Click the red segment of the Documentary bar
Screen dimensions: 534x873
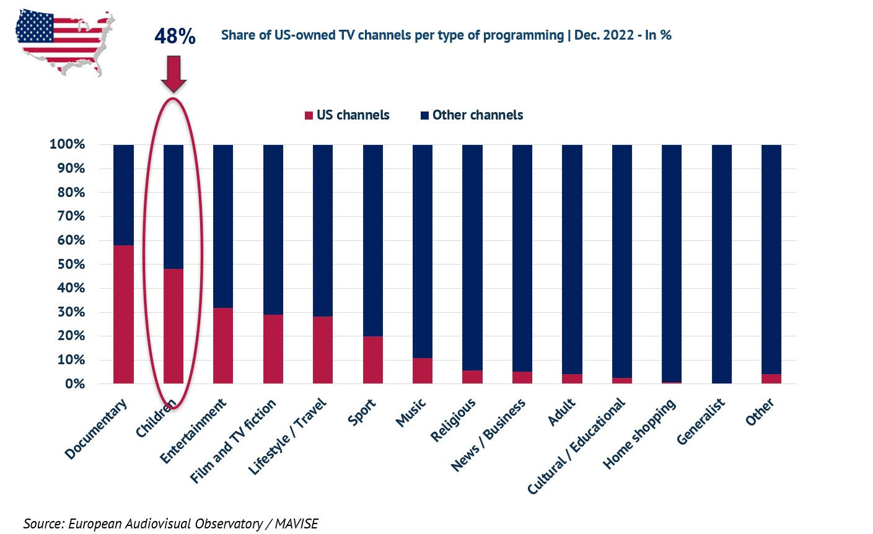[123, 314]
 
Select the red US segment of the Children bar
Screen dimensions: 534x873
[173, 326]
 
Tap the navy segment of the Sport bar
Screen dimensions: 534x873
[372, 240]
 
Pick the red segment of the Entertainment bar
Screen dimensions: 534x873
[223, 345]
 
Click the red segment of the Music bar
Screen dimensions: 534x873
[423, 370]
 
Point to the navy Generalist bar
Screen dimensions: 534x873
[721, 264]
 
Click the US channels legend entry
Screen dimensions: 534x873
[346, 115]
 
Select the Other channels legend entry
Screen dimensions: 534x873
[472, 115]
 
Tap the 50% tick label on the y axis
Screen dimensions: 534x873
[67, 265]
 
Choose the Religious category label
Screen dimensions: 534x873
[454, 420]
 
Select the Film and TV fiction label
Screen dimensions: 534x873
[234, 441]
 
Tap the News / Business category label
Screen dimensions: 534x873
[488, 435]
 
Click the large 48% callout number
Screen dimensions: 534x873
[175, 37]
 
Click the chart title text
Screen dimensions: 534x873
[446, 35]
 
